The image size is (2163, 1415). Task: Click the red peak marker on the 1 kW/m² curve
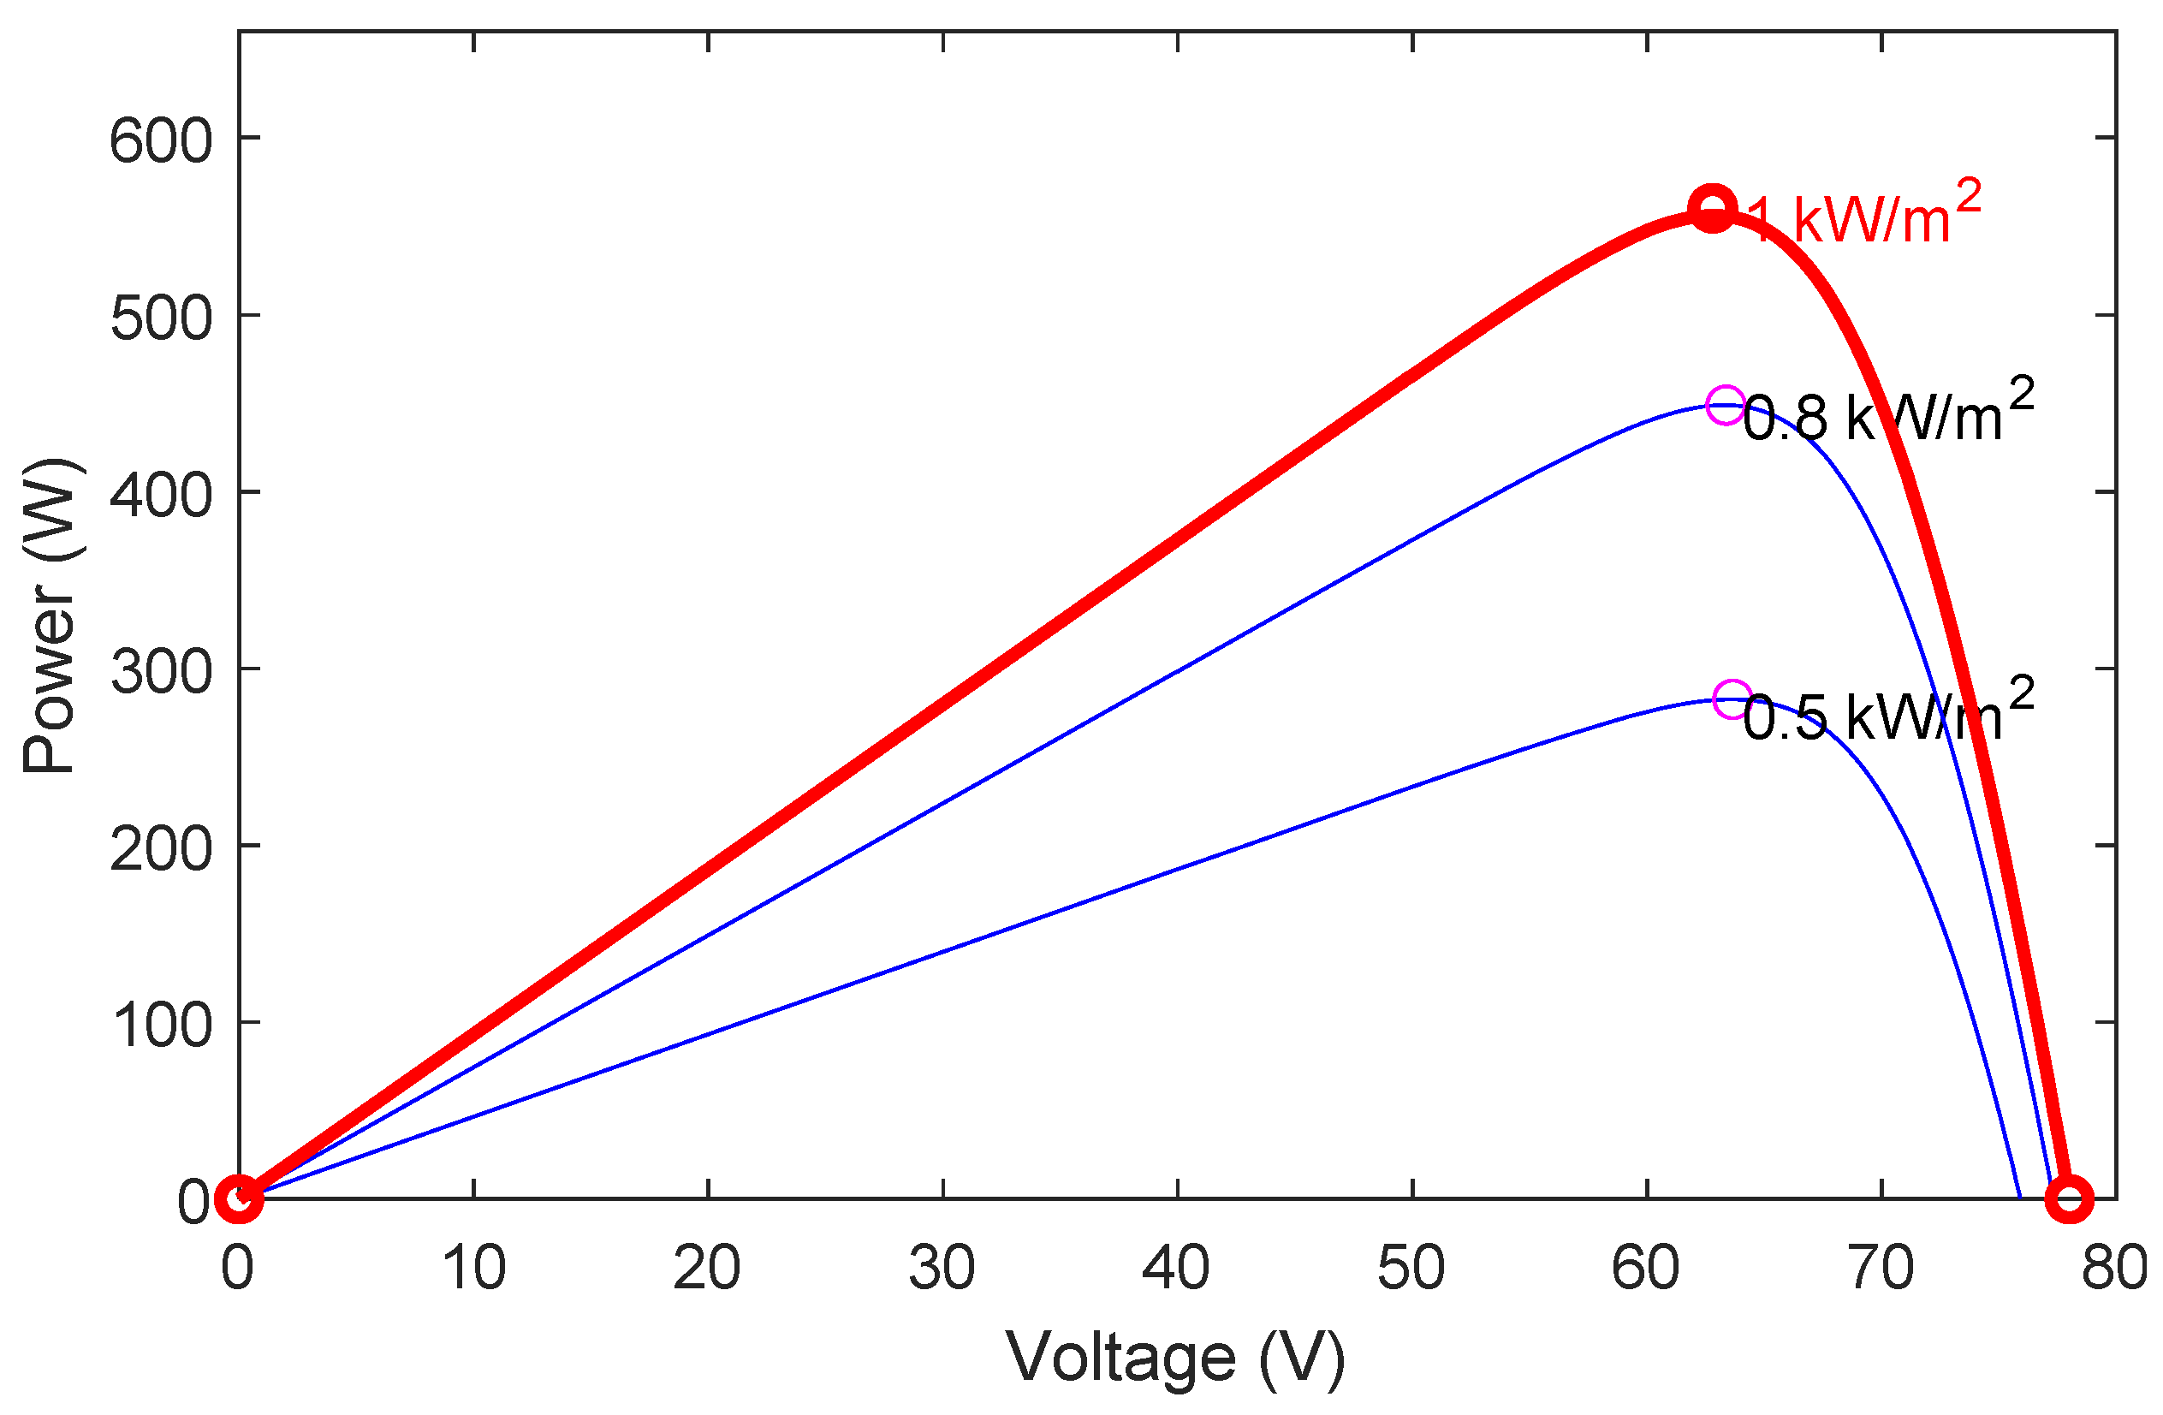coord(1712,208)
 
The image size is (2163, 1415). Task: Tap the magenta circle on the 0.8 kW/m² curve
coord(1725,404)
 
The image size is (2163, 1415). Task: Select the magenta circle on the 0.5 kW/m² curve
coord(1732,699)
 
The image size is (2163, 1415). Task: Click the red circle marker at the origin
coord(239,1198)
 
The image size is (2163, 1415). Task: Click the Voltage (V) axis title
coord(1175,1358)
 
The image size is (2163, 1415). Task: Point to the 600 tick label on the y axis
coord(161,142)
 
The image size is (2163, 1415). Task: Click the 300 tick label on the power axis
coord(161,673)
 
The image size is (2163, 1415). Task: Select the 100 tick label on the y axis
coord(161,1026)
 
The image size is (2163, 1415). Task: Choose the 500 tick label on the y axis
coord(161,319)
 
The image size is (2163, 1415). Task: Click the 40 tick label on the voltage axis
coord(1176,1268)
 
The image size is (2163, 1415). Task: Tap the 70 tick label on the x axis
coord(1881,1268)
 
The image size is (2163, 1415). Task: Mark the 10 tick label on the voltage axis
coord(473,1268)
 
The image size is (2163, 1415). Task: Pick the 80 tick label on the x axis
coord(2114,1268)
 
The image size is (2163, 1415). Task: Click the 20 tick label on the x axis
coord(707,1268)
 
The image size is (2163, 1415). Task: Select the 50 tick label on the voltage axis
coord(1411,1268)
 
